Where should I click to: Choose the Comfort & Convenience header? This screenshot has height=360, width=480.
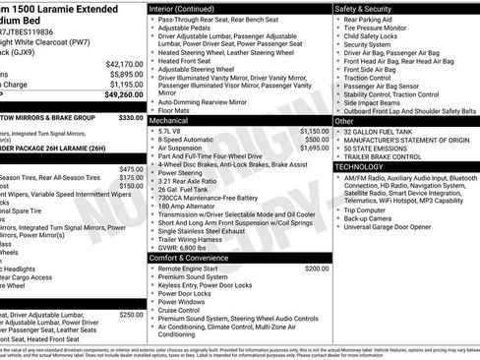click(190, 258)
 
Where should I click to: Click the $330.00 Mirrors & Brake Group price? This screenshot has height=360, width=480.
click(131, 117)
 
